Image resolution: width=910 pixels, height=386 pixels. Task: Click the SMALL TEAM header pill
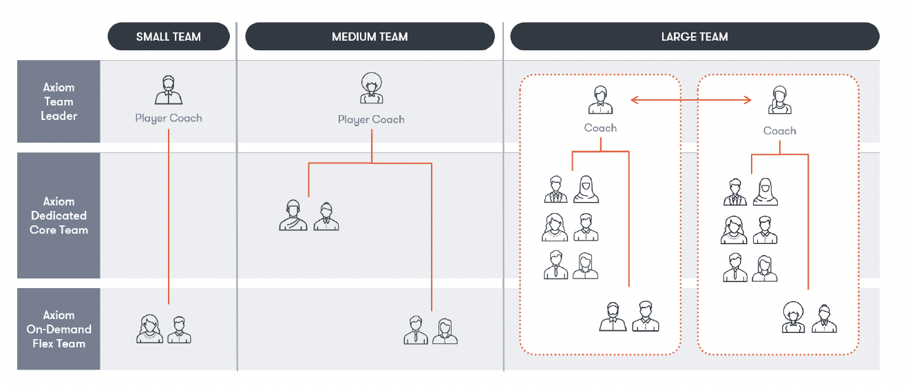[169, 37]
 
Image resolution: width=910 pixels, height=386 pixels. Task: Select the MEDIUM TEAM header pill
[370, 37]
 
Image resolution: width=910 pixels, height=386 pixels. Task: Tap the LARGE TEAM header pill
[694, 37]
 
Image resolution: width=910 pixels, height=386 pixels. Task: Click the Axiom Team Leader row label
[59, 101]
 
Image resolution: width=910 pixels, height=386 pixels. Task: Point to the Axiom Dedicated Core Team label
[59, 216]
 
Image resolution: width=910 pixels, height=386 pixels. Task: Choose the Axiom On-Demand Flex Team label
[59, 329]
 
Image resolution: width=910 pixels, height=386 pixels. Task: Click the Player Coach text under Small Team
[169, 118]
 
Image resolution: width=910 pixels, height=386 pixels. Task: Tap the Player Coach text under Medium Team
[371, 119]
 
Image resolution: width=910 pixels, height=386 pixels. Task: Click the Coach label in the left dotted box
[600, 128]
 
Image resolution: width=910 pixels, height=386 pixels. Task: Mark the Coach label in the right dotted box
[779, 130]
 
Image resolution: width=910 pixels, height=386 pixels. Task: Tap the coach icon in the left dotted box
[600, 100]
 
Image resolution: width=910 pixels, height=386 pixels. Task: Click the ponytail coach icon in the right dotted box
[779, 101]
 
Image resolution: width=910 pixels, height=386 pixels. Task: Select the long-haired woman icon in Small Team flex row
[149, 329]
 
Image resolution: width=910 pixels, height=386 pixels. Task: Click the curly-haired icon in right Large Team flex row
[794, 318]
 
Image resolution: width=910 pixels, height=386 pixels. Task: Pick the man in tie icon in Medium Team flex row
[416, 330]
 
